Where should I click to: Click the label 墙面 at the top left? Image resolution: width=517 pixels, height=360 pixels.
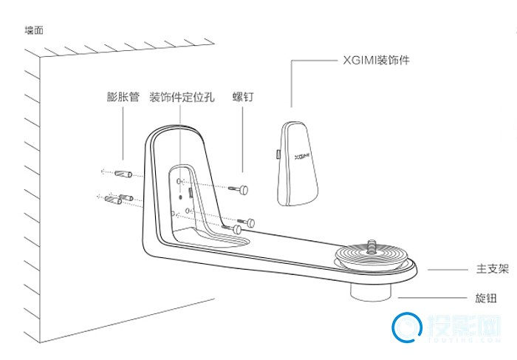click(x=35, y=32)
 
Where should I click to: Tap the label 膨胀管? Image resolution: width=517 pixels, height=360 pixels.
click(x=123, y=97)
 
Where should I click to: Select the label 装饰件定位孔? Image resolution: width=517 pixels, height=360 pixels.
click(x=182, y=97)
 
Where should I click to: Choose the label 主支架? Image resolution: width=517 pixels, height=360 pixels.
click(x=492, y=271)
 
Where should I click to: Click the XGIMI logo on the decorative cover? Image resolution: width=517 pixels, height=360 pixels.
click(x=301, y=157)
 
